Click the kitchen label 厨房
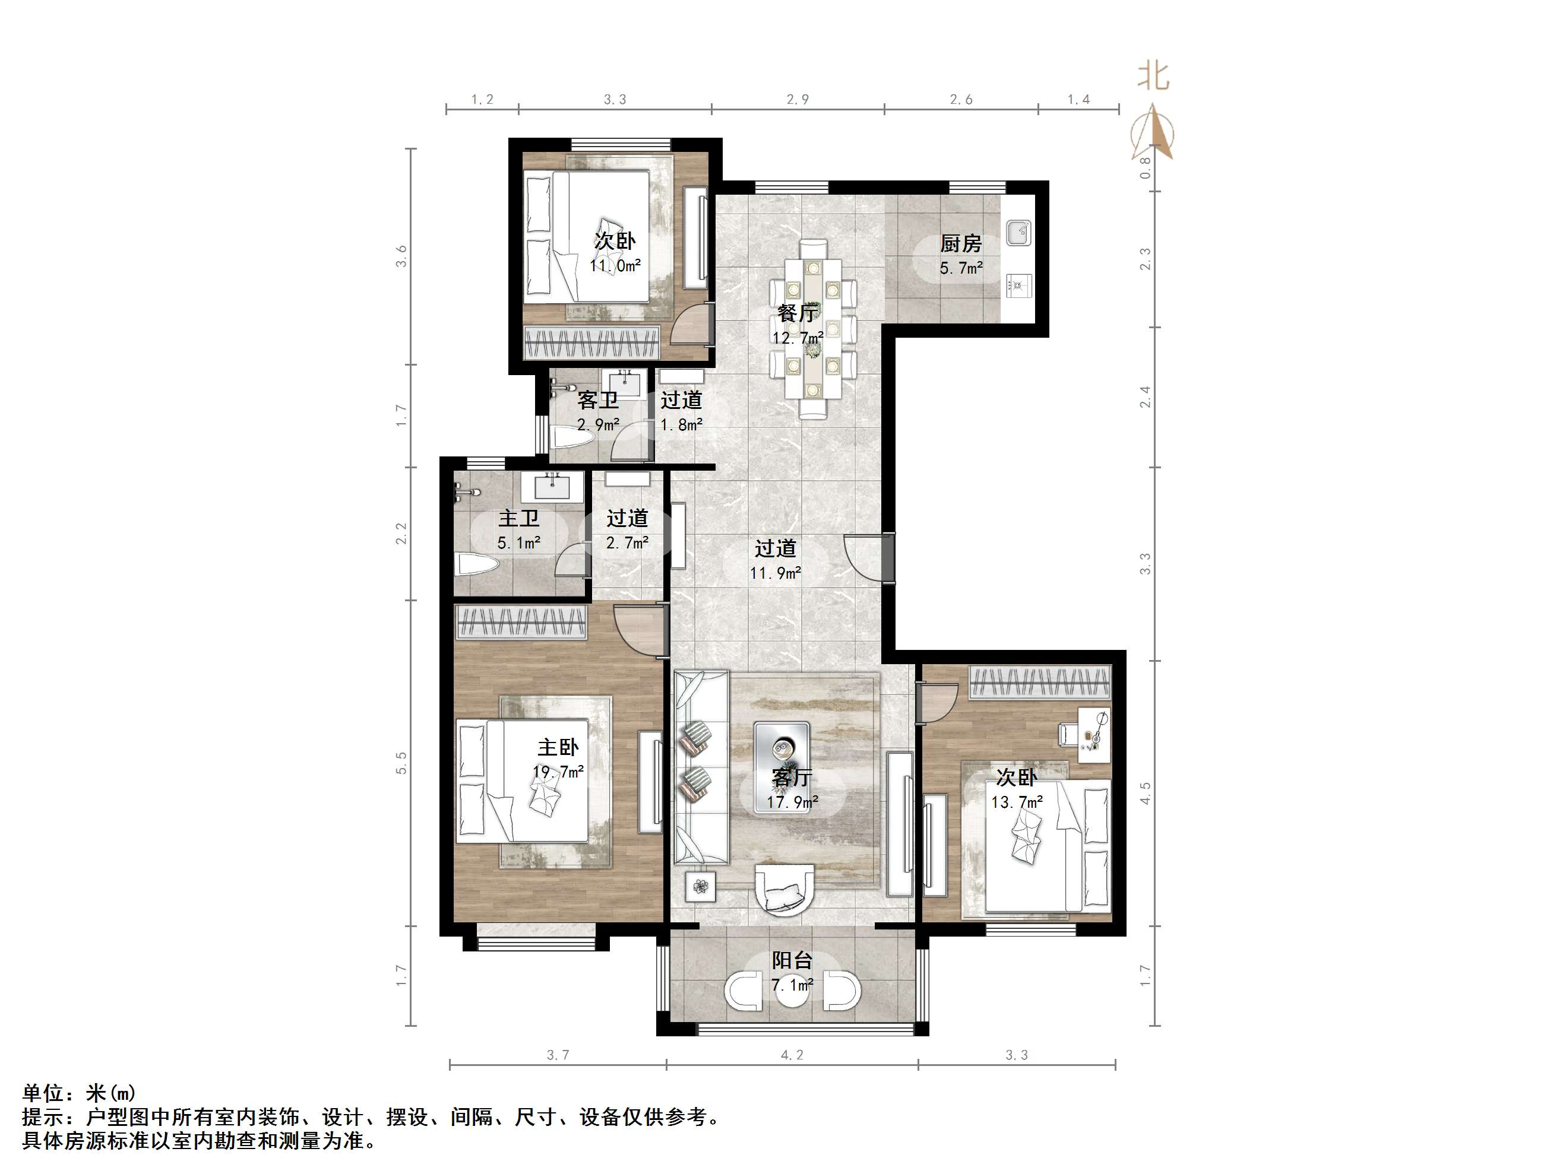(961, 243)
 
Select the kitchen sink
(1018, 232)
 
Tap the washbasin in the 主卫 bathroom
(552, 486)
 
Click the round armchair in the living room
(785, 890)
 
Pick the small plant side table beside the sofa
(700, 886)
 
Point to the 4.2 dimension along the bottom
(792, 1055)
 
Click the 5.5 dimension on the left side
(401, 762)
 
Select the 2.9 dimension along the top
(798, 100)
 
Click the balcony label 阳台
(792, 960)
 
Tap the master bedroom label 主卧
(558, 747)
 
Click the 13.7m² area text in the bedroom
(1017, 802)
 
